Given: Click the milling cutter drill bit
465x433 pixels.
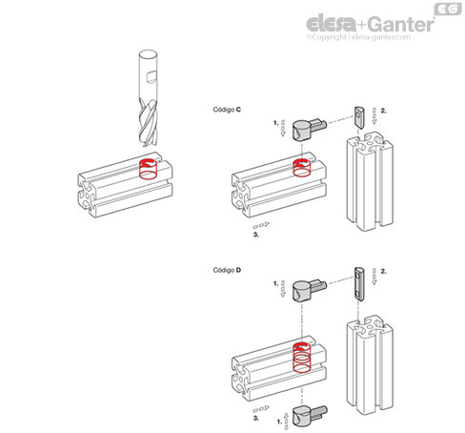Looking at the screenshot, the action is [x=148, y=98].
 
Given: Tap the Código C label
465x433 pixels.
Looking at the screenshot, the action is [x=227, y=110].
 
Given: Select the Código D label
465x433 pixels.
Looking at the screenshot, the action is [x=227, y=270].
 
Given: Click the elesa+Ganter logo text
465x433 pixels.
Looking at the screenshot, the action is [x=370, y=24].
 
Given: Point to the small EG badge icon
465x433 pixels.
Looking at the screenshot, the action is [x=448, y=9].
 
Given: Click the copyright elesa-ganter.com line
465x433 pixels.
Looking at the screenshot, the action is [x=358, y=37].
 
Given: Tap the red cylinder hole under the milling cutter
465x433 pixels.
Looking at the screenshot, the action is [x=149, y=169].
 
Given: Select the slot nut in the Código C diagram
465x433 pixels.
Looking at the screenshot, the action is [x=359, y=117].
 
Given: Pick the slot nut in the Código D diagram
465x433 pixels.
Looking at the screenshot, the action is [x=359, y=283].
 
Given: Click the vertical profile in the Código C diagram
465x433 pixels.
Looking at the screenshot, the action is [x=370, y=181].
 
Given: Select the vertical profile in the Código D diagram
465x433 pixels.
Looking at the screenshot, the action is [x=370, y=365].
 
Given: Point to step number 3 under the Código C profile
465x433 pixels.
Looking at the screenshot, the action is [x=256, y=235].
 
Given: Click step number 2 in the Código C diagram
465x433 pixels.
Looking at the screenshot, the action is [x=383, y=111].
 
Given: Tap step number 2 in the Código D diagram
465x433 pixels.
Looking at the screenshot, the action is [x=383, y=271].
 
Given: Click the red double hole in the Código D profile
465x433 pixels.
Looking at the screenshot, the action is [x=302, y=358].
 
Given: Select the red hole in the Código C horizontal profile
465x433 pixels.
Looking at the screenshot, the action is [x=302, y=168].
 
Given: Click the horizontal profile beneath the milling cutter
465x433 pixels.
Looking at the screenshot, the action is [x=125, y=185].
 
